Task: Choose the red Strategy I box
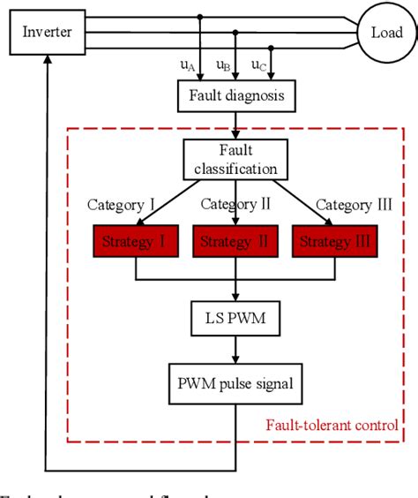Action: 135,240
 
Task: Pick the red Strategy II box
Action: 235,240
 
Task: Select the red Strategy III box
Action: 334,240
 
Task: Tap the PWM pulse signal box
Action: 235,384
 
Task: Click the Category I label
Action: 122,205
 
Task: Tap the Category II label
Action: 235,205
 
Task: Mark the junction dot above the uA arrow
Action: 201,17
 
